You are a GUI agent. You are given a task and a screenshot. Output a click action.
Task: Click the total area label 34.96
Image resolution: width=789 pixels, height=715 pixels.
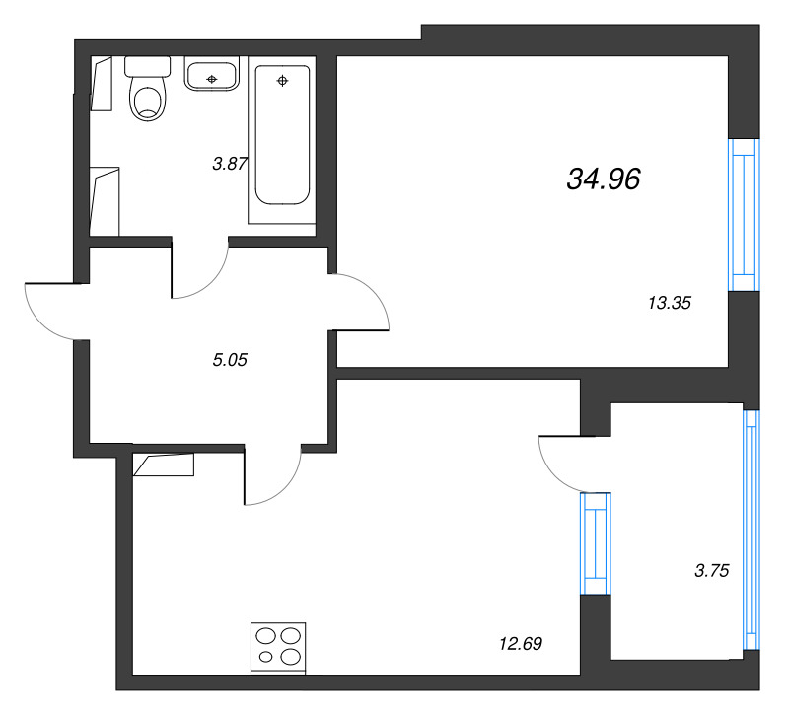point(604,179)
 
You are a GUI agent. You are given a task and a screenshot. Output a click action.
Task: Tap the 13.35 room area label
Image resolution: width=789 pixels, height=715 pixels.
point(670,303)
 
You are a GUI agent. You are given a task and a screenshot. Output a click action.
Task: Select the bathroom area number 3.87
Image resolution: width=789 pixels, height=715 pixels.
point(230,164)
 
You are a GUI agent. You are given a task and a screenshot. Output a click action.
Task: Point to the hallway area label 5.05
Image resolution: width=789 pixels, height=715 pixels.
point(230,360)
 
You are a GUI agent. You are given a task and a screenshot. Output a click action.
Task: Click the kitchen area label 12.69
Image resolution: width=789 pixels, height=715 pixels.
point(521,644)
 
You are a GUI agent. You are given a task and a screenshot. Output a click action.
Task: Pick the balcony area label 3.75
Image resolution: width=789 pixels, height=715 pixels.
point(711,571)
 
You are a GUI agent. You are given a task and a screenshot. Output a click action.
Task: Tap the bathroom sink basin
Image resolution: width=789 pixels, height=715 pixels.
point(211,75)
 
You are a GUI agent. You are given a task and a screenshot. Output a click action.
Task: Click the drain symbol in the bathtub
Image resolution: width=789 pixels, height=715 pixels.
point(282,81)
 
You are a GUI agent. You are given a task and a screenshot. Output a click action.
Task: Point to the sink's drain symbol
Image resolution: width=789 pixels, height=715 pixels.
point(212,79)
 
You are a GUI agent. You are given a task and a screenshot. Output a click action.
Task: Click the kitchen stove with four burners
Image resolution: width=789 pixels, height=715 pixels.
point(278,648)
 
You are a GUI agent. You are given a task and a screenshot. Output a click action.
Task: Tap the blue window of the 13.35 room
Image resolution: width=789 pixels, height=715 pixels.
point(744,215)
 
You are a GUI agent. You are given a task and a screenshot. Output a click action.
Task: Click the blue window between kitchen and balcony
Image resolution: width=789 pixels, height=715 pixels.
point(596,543)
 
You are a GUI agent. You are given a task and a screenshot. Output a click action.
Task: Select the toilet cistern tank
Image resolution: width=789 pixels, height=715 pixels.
point(147,66)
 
